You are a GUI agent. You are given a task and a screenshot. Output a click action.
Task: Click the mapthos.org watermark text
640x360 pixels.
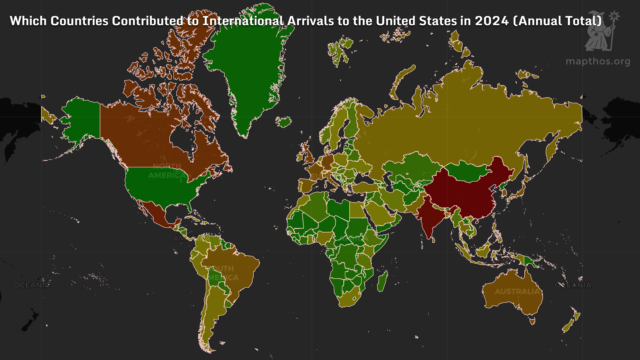(598, 61)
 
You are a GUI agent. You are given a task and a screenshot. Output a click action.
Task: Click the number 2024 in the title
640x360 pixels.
(492, 21)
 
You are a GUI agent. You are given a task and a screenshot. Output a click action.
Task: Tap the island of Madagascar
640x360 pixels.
(382, 281)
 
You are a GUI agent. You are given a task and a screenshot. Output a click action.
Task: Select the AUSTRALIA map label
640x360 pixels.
(517, 292)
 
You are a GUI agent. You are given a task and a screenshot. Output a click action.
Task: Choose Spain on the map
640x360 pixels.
(307, 185)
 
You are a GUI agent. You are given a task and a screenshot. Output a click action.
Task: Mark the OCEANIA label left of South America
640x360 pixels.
(32, 285)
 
